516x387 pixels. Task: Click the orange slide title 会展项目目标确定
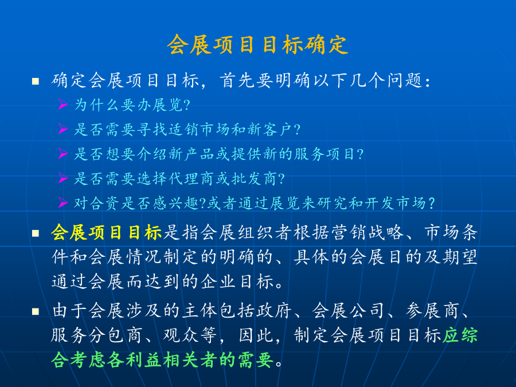coord(257,44)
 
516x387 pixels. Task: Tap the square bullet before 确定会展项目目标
coord(36,81)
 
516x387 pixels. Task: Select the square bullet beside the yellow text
coord(36,233)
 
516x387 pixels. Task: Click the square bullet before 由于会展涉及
coord(36,311)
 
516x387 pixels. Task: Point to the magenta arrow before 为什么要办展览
coord(63,104)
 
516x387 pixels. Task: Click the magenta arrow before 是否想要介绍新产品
coord(63,153)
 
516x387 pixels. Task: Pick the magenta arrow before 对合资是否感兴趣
coord(63,202)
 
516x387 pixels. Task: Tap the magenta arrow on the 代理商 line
coord(63,178)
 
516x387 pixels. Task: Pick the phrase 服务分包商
coord(97,335)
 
